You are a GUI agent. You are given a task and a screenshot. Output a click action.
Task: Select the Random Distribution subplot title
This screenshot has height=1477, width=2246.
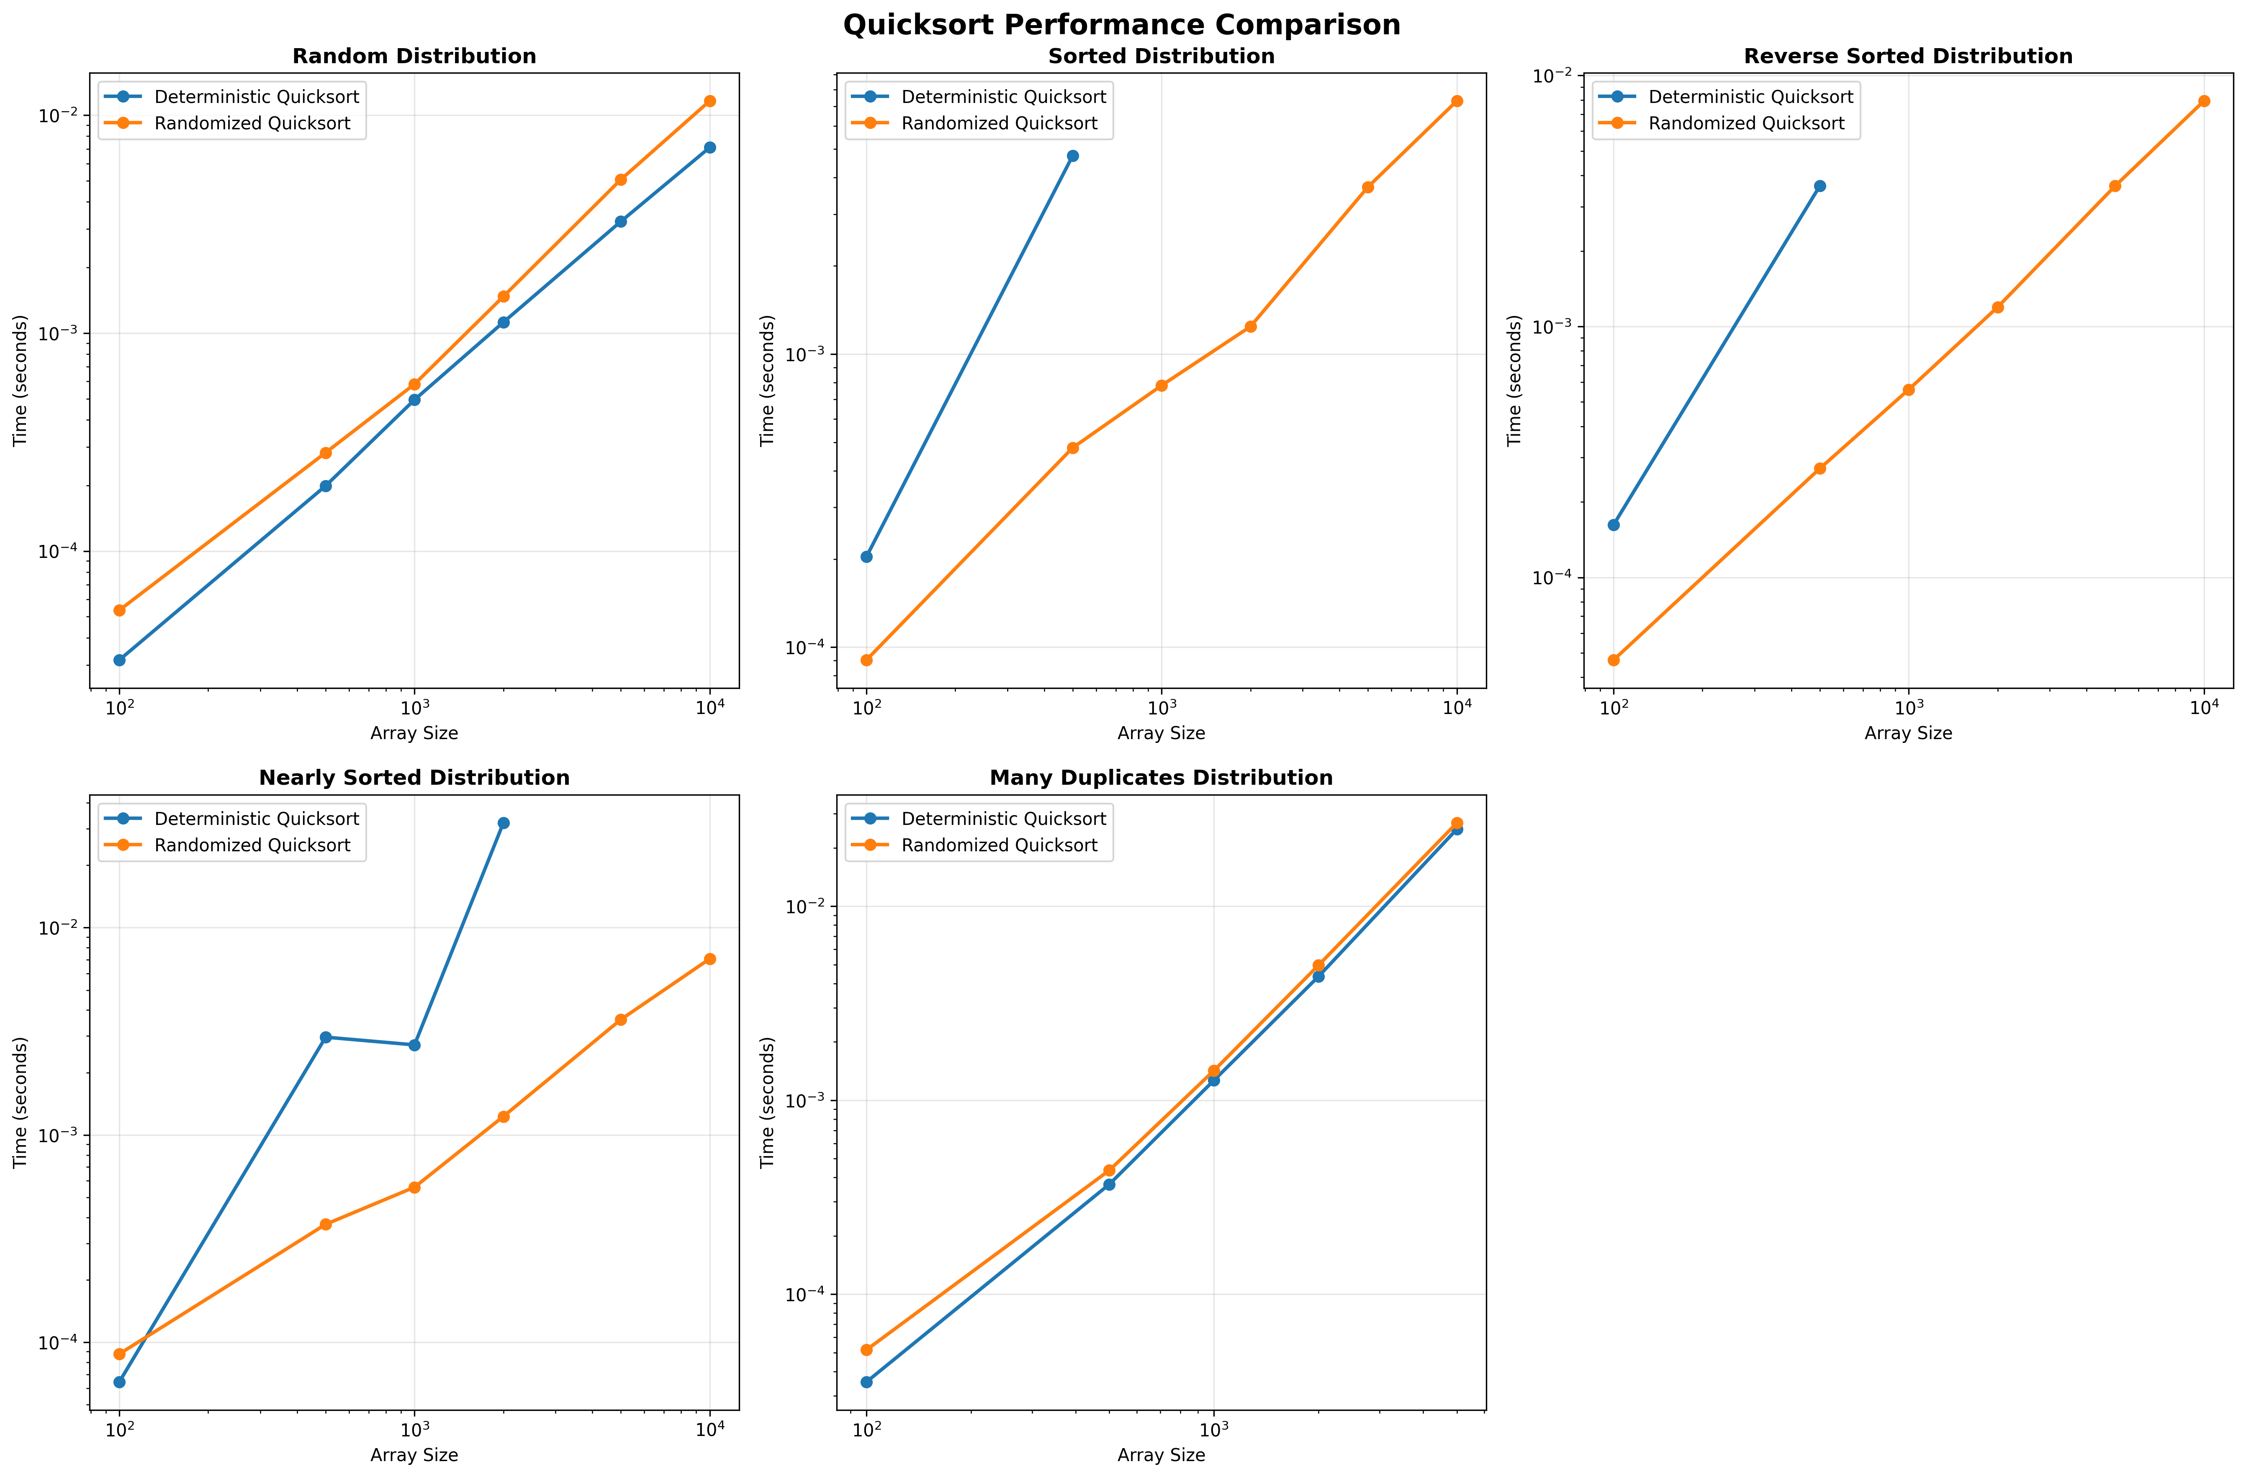[414, 57]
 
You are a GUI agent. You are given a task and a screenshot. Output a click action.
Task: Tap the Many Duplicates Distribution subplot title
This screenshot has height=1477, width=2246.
[1161, 778]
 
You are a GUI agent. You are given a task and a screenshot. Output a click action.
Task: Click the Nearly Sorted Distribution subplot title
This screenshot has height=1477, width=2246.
[414, 778]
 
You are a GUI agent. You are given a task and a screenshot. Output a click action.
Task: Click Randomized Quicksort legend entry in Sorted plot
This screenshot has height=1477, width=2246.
[998, 123]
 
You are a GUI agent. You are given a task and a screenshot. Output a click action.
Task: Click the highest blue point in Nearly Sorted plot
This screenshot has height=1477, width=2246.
[503, 823]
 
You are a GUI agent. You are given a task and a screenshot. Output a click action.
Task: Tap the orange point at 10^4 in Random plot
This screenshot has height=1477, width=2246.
[709, 101]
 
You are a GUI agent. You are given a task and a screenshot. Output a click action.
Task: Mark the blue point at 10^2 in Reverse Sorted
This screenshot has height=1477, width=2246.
[1614, 525]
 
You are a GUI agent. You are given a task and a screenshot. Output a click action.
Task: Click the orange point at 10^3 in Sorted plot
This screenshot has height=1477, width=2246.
[1162, 386]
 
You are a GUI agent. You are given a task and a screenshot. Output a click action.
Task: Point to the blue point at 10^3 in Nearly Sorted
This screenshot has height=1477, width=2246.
[414, 1045]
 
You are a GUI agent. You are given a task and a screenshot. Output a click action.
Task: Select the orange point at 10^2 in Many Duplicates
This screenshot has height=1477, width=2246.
[866, 1350]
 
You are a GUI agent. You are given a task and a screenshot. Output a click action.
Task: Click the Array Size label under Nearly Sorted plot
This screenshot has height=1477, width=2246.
[414, 1455]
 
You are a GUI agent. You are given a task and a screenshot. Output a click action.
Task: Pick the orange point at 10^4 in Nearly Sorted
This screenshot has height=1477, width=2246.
[709, 959]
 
